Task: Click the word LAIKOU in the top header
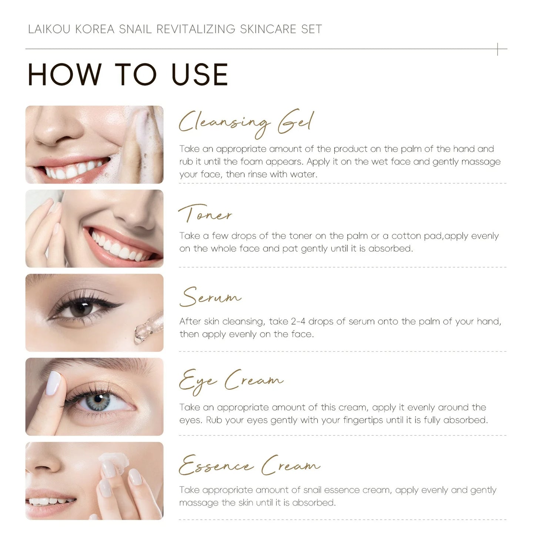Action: point(49,29)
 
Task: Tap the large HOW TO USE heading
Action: point(128,75)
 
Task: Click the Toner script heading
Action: point(205,214)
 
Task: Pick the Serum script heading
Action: point(210,297)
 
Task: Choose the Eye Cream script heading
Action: point(231,381)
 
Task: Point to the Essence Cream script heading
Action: point(249,465)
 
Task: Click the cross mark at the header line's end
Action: point(498,49)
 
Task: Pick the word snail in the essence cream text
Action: point(313,490)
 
